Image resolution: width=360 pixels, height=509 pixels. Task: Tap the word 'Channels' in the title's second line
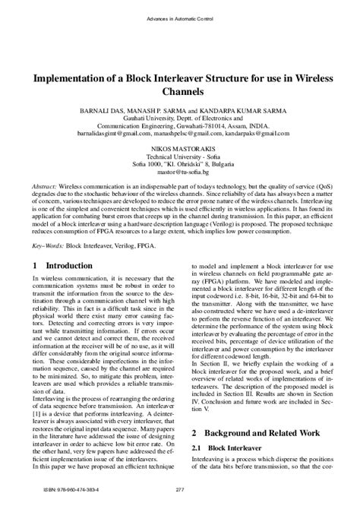coord(180,91)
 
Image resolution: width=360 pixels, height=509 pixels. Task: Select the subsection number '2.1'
coord(195,447)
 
